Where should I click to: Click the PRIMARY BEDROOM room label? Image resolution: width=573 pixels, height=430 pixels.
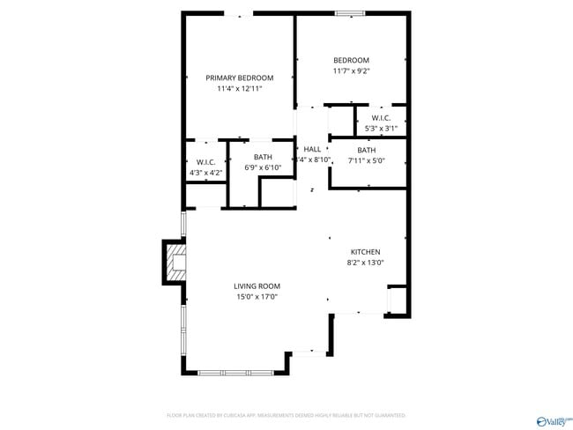tap(240, 78)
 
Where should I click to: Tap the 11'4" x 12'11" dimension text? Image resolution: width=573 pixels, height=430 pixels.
tap(240, 89)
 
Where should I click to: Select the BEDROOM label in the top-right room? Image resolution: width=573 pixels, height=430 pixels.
tap(351, 60)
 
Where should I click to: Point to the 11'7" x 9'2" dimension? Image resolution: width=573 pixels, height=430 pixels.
tap(351, 71)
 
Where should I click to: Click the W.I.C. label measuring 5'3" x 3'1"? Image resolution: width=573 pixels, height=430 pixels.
tap(382, 118)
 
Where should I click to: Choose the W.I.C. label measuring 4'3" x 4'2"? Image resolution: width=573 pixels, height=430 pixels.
tap(206, 162)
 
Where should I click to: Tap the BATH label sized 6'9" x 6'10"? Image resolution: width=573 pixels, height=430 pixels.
tap(263, 157)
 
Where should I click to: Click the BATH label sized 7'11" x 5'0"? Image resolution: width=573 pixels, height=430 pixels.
tap(366, 150)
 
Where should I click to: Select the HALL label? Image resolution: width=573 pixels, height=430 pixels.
tap(312, 149)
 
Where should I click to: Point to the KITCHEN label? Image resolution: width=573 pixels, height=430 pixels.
tap(365, 252)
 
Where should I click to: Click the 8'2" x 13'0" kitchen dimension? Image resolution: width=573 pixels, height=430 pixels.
tap(365, 263)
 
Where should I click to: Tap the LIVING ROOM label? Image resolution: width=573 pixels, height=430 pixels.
tap(257, 286)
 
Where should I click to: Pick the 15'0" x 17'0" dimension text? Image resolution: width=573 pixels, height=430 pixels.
tap(257, 297)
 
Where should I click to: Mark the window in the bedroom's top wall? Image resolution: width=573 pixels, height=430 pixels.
tap(350, 12)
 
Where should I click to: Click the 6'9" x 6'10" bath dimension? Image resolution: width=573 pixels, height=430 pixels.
tap(263, 167)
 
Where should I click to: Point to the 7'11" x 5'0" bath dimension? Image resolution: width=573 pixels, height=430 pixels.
tap(366, 161)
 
